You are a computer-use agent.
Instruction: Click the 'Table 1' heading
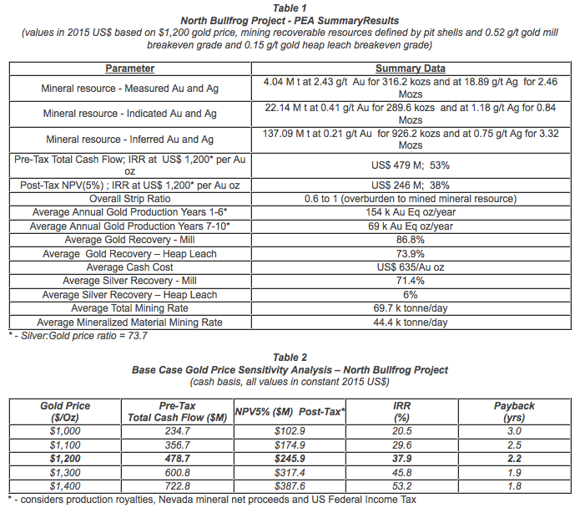click(287, 7)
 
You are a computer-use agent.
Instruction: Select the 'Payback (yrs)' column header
click(514, 411)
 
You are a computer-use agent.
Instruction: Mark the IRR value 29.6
click(401, 445)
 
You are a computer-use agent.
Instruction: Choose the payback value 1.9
click(514, 473)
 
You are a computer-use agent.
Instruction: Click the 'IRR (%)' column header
click(401, 411)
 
